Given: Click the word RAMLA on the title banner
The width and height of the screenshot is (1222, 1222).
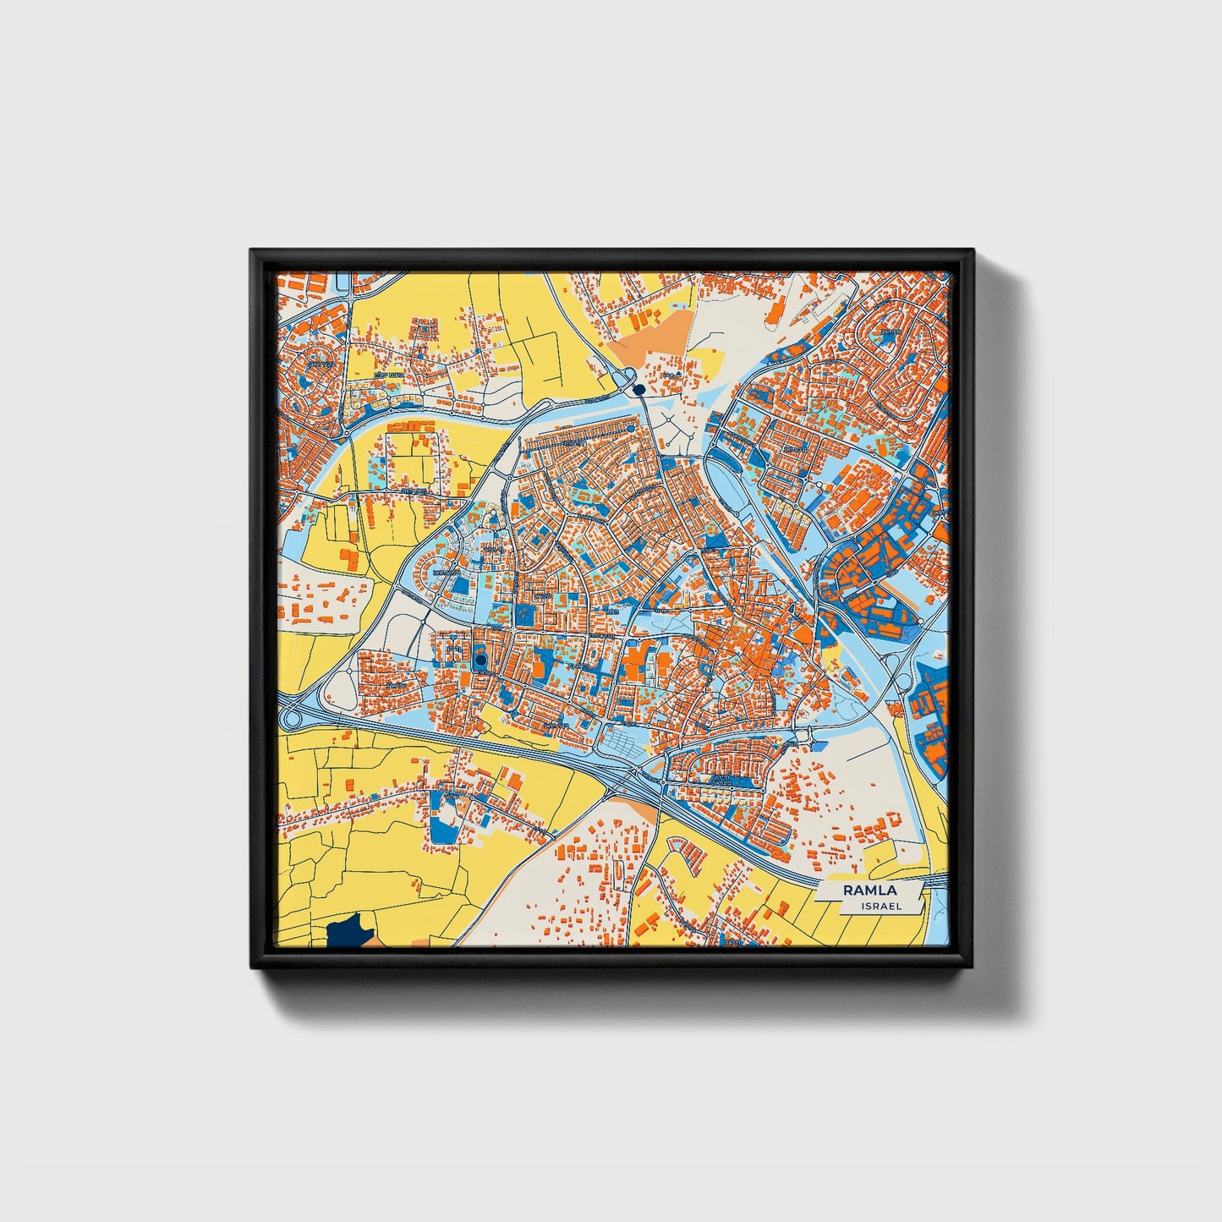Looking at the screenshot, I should (869, 890).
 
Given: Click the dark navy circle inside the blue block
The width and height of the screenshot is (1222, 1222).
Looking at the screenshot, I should (481, 660).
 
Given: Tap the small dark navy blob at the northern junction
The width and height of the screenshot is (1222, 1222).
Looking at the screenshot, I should (638, 388).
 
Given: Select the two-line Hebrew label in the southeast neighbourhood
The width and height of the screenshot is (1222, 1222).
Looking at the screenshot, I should (721, 781).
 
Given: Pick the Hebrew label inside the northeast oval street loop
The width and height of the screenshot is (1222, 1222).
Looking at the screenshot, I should (890, 333).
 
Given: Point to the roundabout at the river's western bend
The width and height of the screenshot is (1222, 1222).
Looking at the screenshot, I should (347, 434).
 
